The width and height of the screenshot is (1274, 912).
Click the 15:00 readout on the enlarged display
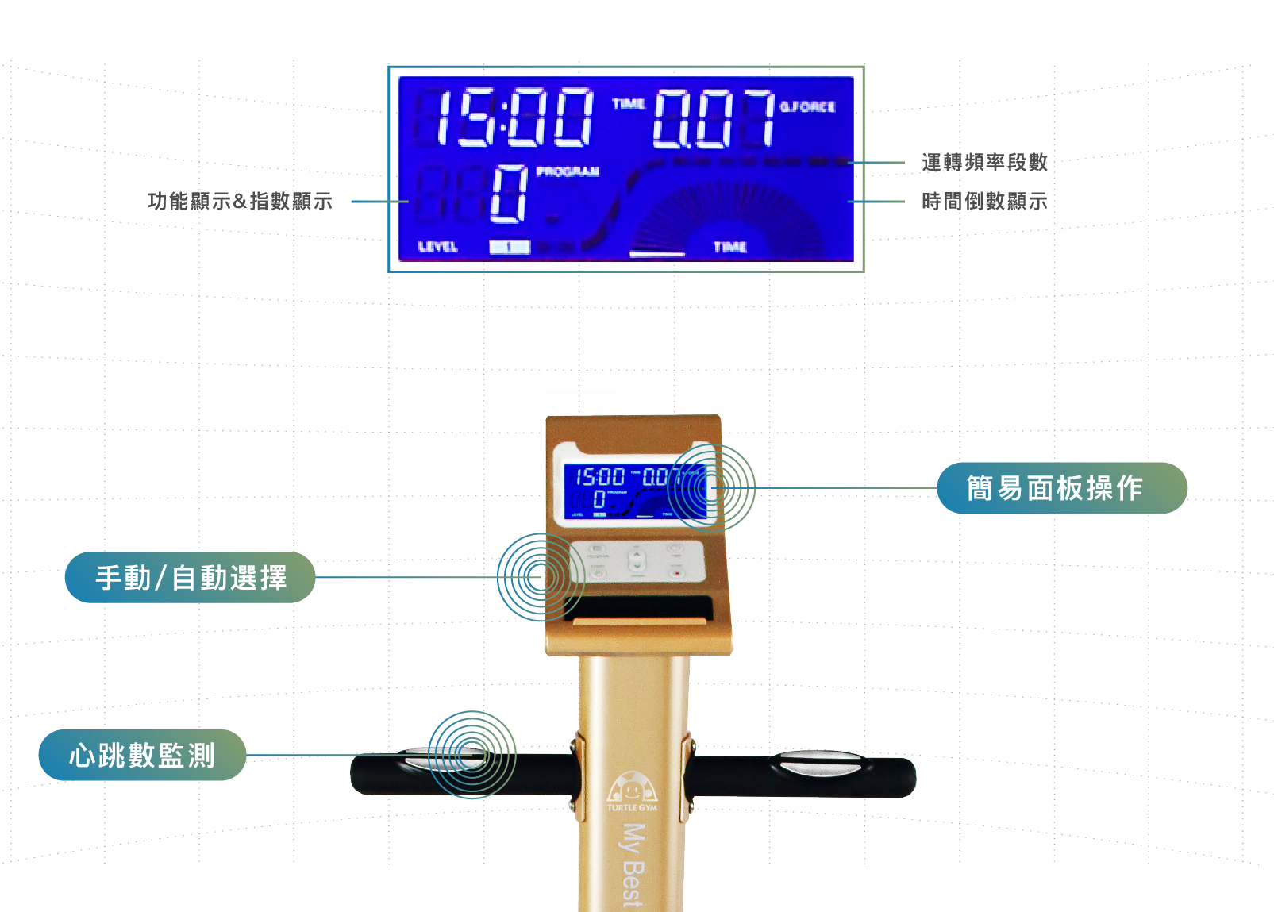[x=514, y=117]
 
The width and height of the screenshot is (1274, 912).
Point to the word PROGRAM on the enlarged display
[x=568, y=171]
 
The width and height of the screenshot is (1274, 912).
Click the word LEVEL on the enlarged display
[x=437, y=247]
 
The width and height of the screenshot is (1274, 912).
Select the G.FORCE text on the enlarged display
[x=807, y=106]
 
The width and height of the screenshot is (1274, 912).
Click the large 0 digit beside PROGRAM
[x=509, y=194]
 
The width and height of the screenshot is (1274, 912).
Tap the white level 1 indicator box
[x=509, y=247]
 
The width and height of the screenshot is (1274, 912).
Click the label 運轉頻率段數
[x=984, y=163]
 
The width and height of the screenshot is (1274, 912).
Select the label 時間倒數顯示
[x=984, y=202]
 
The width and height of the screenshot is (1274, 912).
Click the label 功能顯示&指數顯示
[x=240, y=202]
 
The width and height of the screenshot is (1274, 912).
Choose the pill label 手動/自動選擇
[x=191, y=578]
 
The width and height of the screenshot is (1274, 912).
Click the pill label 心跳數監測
[x=142, y=755]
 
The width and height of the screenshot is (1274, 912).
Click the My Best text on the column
[x=632, y=865]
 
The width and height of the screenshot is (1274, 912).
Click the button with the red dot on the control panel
[x=676, y=572]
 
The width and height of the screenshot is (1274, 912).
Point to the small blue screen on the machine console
[x=635, y=492]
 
